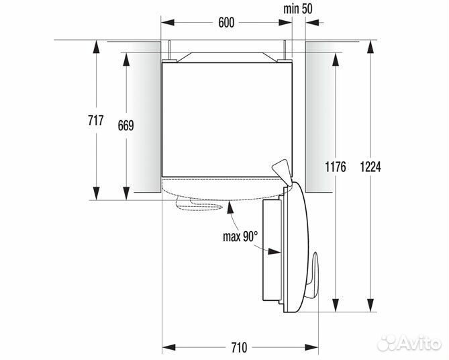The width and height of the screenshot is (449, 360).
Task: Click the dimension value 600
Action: coord(226,22)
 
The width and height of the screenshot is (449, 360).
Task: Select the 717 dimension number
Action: coord(95,120)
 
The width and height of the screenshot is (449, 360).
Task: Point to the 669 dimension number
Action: coord(126,125)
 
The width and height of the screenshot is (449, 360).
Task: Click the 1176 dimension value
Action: coord(334,167)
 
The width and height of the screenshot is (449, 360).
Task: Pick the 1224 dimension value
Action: coord(370,167)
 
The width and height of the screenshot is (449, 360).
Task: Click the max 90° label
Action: coord(240,236)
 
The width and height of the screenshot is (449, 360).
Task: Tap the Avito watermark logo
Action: coord(409,343)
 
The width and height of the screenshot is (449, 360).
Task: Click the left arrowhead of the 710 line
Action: coord(166,347)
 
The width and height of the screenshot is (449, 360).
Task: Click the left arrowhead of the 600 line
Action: coord(166,23)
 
